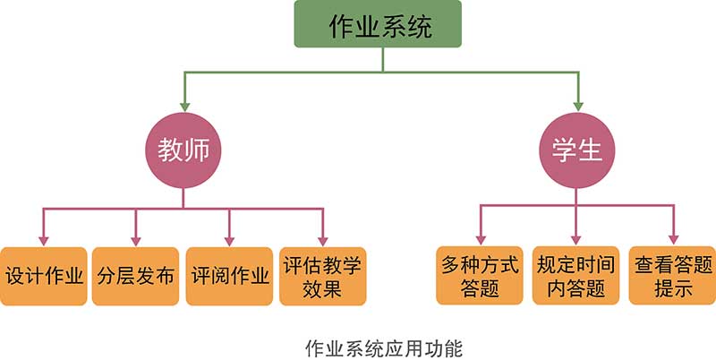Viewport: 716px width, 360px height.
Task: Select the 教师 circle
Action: [x=183, y=150]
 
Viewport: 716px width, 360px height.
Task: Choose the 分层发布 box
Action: [x=136, y=276]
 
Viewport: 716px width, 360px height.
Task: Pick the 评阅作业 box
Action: [x=230, y=276]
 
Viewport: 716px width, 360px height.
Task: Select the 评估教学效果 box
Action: [x=322, y=276]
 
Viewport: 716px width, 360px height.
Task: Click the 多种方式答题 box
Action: [x=481, y=276]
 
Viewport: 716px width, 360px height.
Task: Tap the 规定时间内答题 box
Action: [x=577, y=276]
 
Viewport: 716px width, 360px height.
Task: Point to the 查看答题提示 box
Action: [x=672, y=276]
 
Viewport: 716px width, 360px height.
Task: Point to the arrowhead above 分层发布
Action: [x=136, y=239]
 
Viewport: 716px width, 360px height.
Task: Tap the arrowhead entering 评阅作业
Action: [x=230, y=239]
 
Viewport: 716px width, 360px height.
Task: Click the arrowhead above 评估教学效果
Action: [x=323, y=239]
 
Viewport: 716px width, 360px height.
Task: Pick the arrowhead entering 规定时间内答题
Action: [x=577, y=239]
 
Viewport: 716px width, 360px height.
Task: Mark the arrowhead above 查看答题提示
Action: [x=672, y=239]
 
